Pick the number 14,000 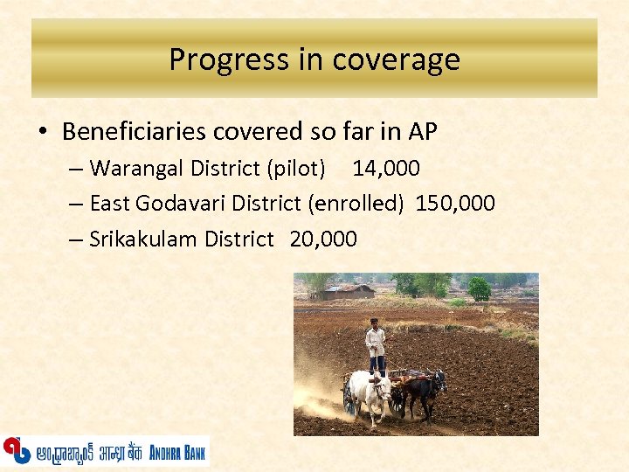(x=386, y=168)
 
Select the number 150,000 (x=455, y=204)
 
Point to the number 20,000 (x=322, y=239)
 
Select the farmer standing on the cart (x=376, y=345)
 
